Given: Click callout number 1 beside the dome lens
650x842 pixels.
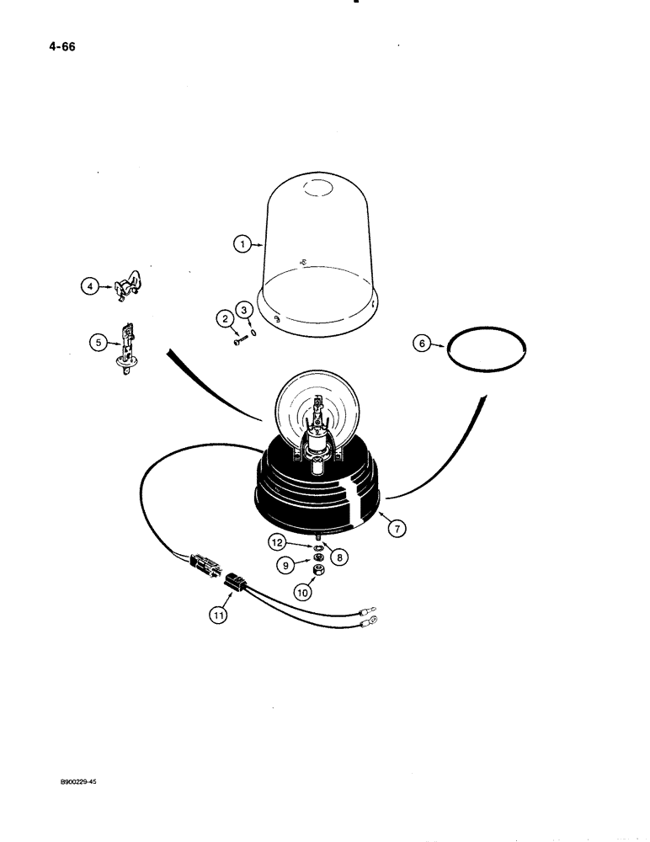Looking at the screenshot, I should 241,245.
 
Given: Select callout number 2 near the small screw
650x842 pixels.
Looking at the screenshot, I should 224,318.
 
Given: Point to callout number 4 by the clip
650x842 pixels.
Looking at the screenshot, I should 88,286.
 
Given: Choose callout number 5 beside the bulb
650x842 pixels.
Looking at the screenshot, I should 99,342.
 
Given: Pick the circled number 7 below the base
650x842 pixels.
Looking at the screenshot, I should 397,528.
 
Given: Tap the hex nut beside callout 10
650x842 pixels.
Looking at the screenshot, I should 321,572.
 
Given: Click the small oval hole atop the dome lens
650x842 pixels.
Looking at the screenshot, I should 317,190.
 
